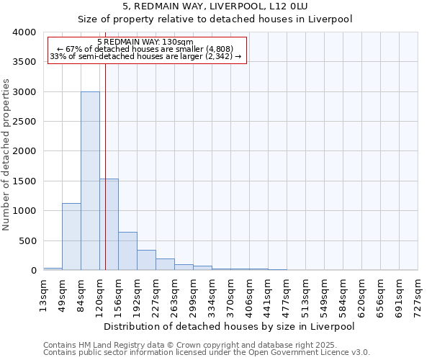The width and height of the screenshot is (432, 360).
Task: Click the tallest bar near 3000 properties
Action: [x=90, y=181]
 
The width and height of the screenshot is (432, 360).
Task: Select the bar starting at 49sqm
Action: [x=71, y=237]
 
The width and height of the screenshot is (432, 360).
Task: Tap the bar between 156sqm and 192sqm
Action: [x=127, y=251]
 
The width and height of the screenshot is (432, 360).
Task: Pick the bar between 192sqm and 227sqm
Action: [x=146, y=260]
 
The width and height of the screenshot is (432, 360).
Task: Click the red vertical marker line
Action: [x=105, y=166]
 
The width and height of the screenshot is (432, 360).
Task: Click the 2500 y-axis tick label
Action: [x=24, y=122]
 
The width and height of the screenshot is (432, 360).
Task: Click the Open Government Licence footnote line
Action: [x=207, y=353]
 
